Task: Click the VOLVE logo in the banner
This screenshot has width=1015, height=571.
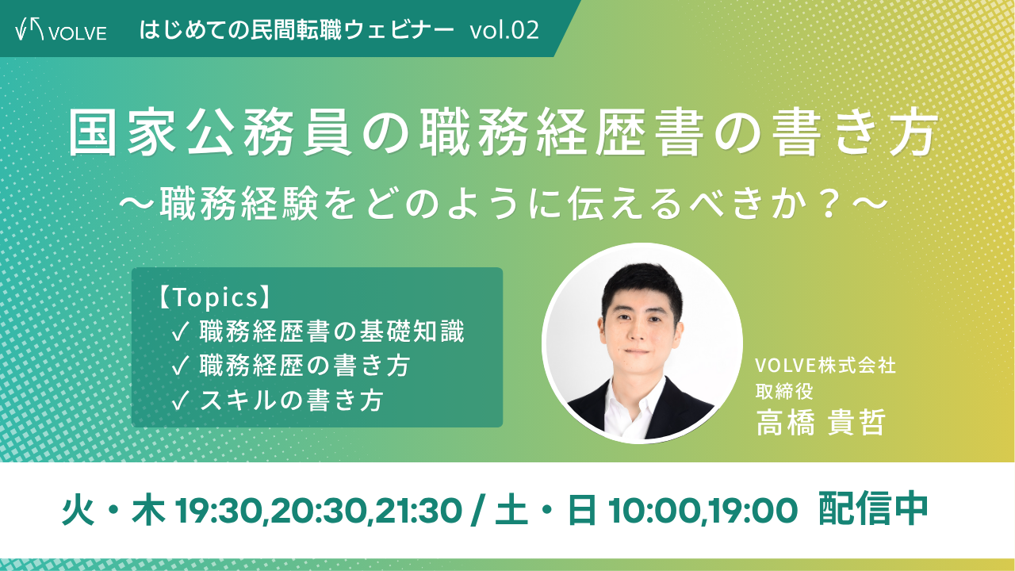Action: pos(61,31)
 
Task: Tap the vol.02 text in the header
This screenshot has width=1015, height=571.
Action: pos(504,30)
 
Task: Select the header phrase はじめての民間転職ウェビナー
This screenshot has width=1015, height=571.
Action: pos(297,30)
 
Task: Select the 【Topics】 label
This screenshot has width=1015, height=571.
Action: pos(214,297)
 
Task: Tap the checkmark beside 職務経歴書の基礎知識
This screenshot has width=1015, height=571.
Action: pos(180,333)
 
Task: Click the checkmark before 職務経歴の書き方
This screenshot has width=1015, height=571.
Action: pos(180,366)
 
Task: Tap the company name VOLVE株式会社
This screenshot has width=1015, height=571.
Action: pos(825,366)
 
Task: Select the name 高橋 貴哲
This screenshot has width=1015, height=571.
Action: pos(821,423)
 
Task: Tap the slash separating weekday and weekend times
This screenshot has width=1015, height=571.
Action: pos(475,511)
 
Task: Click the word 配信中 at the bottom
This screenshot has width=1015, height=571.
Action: pos(873,510)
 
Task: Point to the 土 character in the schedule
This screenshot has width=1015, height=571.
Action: pos(512,511)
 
